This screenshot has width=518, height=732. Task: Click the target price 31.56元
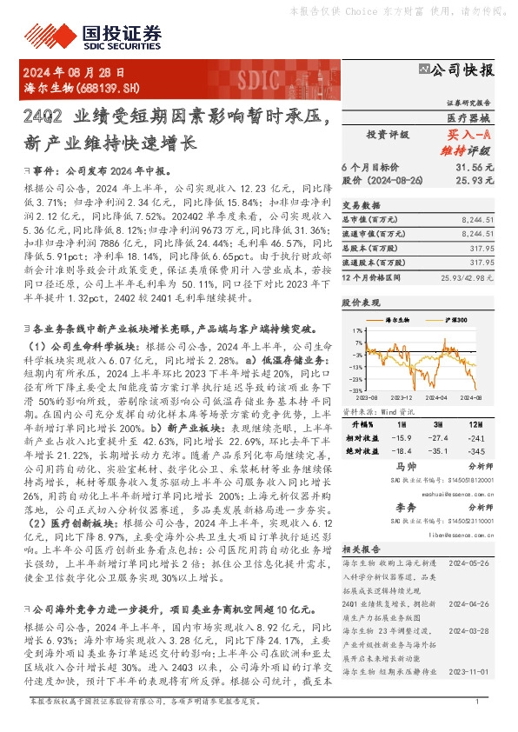(475, 166)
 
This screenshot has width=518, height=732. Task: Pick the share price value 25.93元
(475, 180)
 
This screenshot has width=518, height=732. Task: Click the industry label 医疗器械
(469, 116)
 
